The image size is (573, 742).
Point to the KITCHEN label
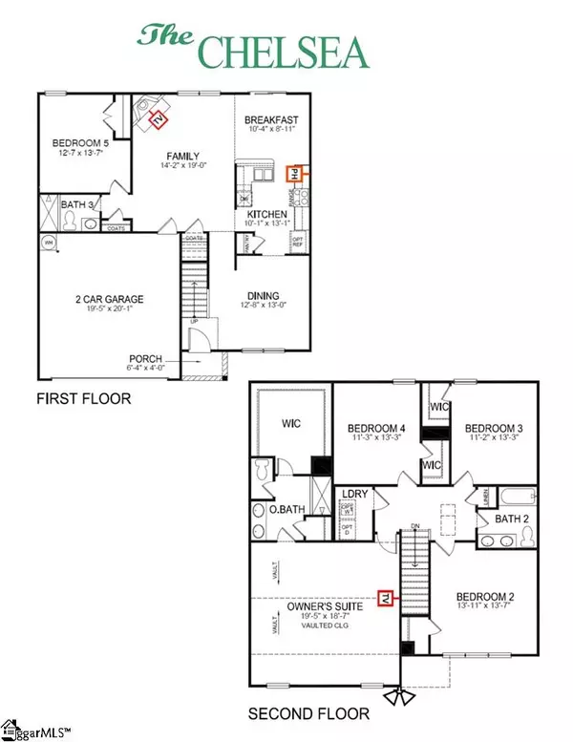[x=267, y=216]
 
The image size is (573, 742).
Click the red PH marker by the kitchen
[x=295, y=174]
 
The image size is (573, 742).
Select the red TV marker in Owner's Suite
[x=386, y=598]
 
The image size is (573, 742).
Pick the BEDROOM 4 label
[x=371, y=429]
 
